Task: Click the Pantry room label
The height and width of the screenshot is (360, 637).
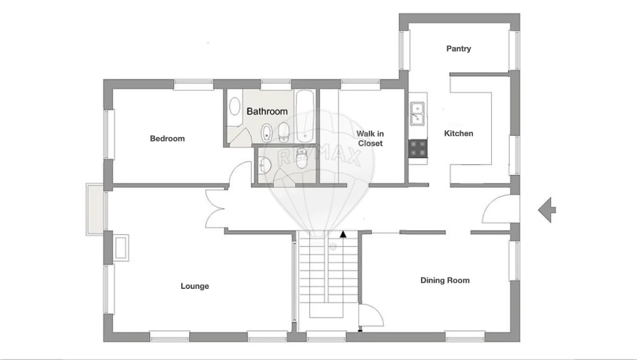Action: (x=459, y=49)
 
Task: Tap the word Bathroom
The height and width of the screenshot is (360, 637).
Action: (x=267, y=112)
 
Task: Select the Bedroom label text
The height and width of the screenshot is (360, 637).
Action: (x=167, y=139)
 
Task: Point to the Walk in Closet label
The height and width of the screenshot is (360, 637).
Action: (x=370, y=138)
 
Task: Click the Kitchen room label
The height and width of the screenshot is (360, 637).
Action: (x=459, y=134)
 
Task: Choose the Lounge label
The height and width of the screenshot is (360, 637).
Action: (x=195, y=286)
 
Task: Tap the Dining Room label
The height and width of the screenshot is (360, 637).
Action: (x=445, y=280)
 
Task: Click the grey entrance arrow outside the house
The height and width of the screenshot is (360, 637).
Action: (x=547, y=210)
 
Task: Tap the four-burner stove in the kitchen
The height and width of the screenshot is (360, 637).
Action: (x=418, y=148)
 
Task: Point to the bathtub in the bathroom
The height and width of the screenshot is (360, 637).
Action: (x=305, y=116)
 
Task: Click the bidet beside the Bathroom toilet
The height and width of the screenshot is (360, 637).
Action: (x=267, y=132)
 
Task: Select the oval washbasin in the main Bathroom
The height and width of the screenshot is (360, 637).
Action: (x=235, y=107)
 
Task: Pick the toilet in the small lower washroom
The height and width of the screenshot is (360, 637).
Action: (x=301, y=159)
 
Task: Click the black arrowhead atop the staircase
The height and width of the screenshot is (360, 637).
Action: (x=343, y=233)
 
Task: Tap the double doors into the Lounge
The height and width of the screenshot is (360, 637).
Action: (x=215, y=209)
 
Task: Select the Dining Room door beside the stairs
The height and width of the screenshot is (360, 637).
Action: (x=370, y=315)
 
